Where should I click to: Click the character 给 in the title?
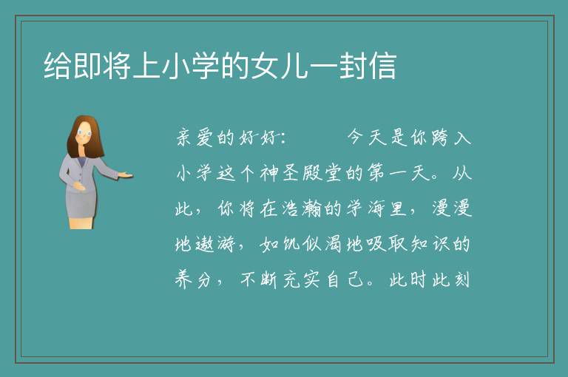(57, 66)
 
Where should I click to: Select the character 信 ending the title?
(382, 66)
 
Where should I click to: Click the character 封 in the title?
(353, 66)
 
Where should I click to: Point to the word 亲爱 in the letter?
(195, 137)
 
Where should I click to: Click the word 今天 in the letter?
(367, 137)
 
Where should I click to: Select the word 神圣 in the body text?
(280, 173)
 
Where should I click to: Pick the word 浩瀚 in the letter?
(302, 208)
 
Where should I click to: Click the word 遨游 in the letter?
(215, 244)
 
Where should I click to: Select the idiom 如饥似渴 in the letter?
(301, 244)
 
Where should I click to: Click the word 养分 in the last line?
(194, 279)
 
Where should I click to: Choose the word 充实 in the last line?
(301, 279)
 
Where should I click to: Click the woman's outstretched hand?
(125, 176)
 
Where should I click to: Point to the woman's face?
(84, 133)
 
